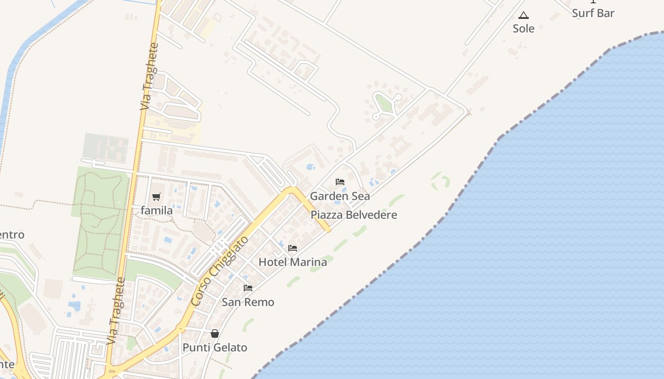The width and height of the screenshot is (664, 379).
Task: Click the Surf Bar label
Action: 593,13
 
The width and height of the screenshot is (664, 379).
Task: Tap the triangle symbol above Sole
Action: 523,16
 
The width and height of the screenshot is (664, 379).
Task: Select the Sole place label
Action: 524,28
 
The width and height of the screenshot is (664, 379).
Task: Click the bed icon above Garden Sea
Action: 340,182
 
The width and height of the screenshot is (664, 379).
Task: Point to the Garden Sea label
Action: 340,196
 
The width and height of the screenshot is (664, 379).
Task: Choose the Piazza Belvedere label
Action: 353,215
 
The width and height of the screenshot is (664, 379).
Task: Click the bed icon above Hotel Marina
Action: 293,248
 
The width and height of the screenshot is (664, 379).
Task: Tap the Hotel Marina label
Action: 293,262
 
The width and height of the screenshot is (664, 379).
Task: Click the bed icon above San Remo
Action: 248,288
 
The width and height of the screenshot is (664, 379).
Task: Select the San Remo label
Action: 248,302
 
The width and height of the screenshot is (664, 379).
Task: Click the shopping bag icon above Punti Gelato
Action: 215,334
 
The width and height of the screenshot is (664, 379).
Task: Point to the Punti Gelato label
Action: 215,348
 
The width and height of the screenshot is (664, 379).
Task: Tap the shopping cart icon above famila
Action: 157,197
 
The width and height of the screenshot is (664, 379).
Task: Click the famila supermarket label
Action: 157,210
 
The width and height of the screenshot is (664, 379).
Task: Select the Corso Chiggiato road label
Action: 220,271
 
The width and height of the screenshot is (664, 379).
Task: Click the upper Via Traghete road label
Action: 149,77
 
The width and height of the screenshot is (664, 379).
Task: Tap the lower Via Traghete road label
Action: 116,311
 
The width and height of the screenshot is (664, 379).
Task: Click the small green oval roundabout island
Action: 384,103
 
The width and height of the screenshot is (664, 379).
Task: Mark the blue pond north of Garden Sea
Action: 311,167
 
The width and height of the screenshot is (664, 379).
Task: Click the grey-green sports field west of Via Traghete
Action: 106,148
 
